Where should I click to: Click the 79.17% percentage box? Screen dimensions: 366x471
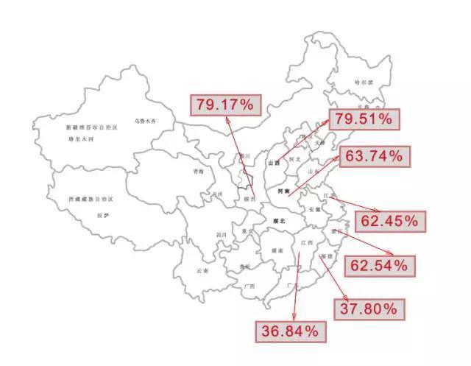[224, 105]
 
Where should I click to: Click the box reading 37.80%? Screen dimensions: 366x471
[369, 309]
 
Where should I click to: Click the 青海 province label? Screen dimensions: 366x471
[197, 171]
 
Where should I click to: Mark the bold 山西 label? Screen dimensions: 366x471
[275, 163]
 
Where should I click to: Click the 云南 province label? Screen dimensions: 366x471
[202, 271]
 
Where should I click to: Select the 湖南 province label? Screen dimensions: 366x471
[277, 250]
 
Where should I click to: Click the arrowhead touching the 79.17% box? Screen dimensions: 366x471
[229, 119]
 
